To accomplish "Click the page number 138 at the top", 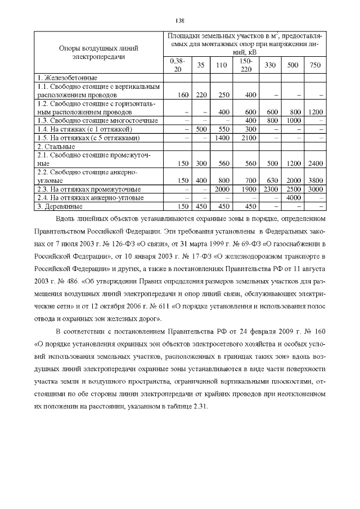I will tap(180, 21).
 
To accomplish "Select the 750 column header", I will tap(316, 65).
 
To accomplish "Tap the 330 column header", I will tap(270, 65).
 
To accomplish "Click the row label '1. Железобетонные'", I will tap(67, 77).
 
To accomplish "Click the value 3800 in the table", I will tap(316, 181).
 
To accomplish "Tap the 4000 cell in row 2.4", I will tap(292, 197).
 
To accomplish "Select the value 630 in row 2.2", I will tap(270, 181).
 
